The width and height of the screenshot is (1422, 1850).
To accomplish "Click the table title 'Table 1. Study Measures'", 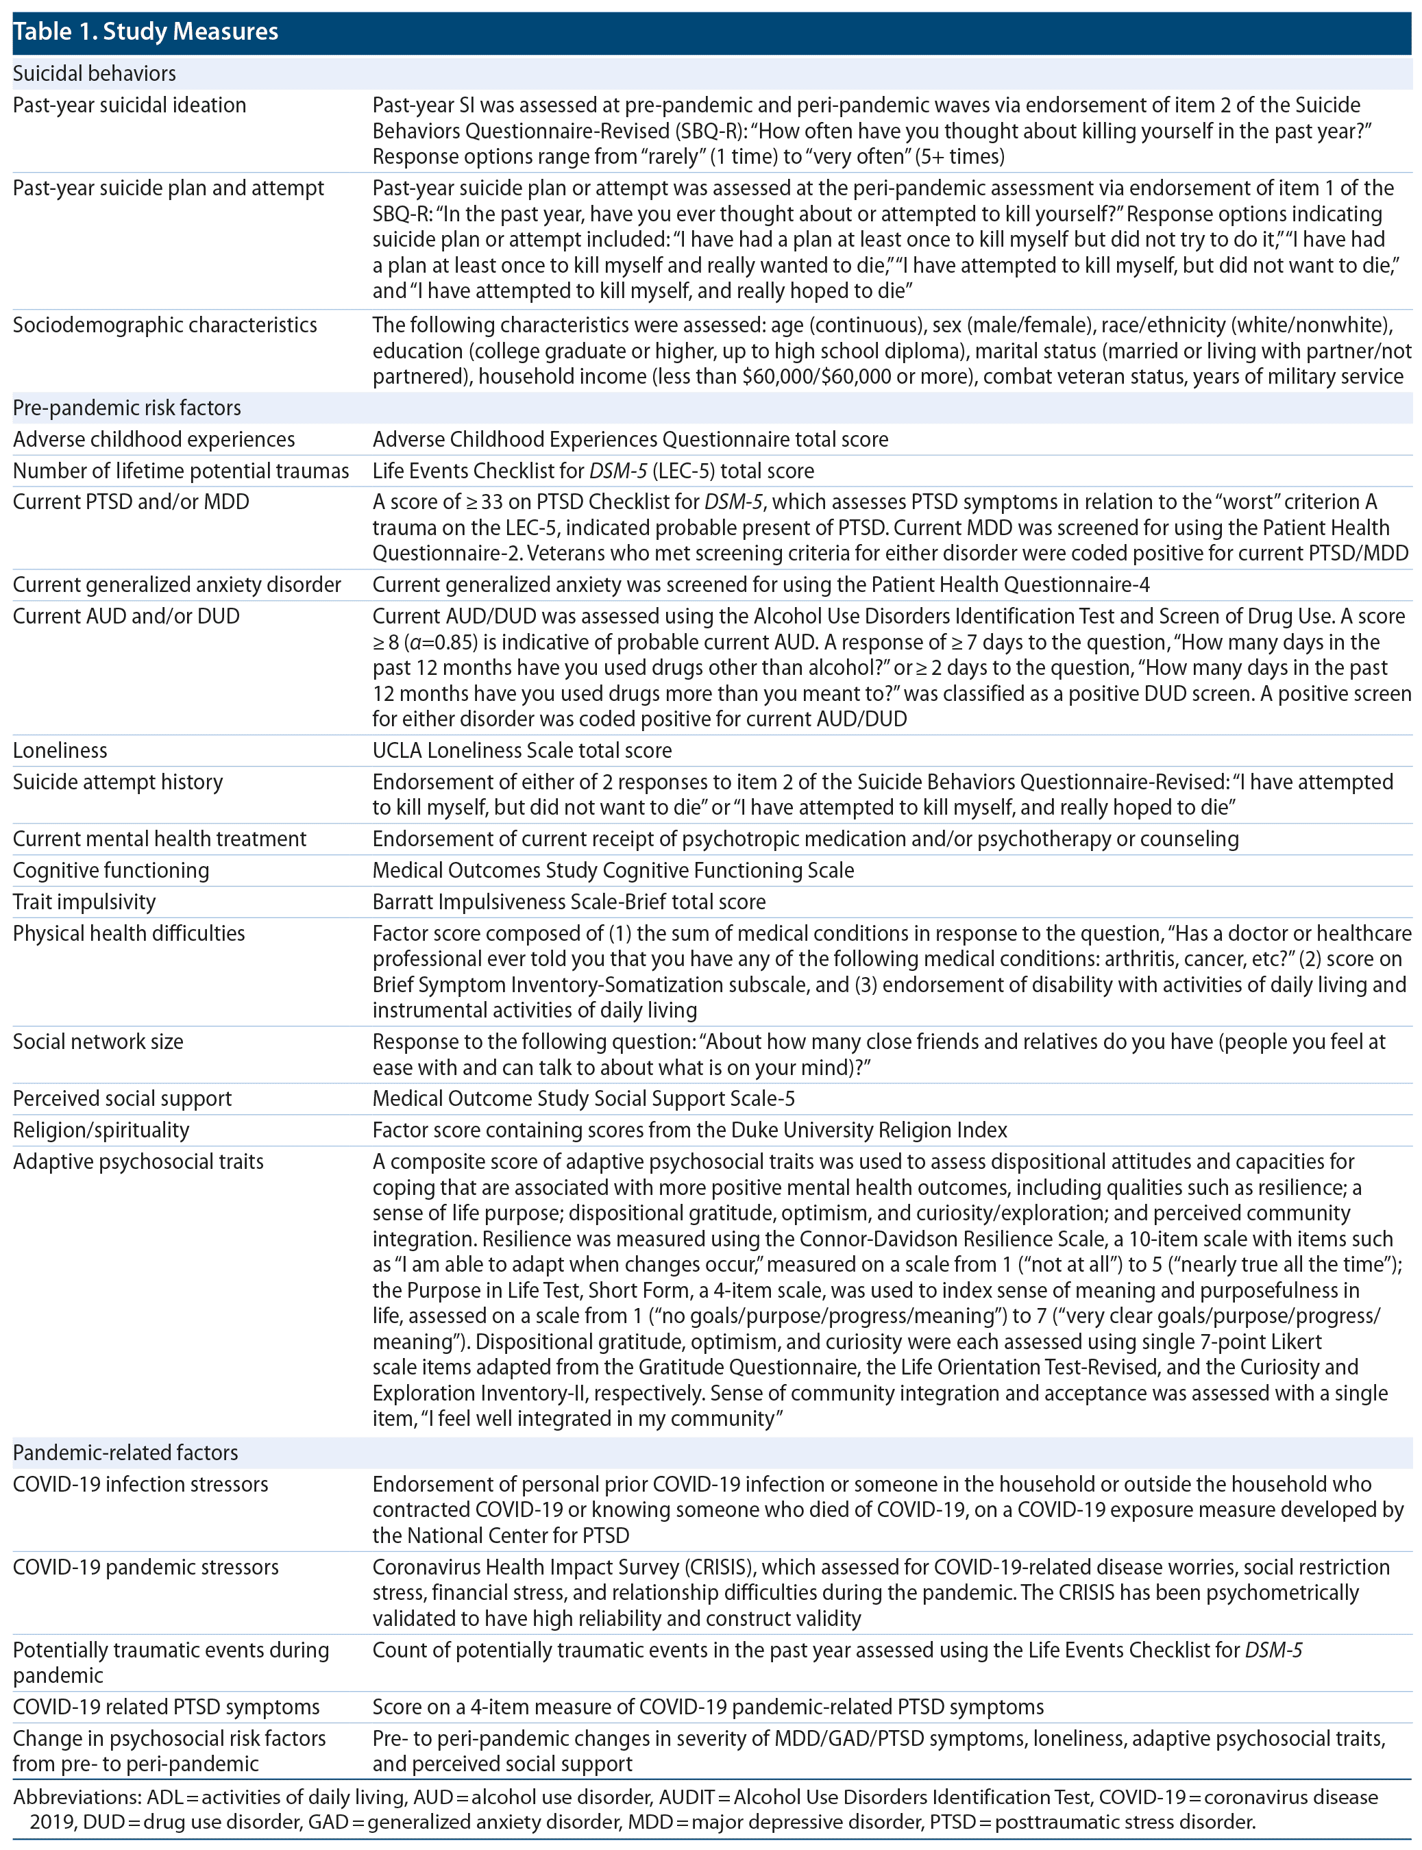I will coord(145,32).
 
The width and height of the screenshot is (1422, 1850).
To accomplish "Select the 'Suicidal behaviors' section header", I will coord(94,73).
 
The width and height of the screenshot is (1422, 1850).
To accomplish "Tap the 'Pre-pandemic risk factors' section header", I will coord(127,408).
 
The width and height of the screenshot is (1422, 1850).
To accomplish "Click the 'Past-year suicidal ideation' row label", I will coord(130,105).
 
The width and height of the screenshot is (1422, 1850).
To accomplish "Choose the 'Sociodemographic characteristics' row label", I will coord(165,325).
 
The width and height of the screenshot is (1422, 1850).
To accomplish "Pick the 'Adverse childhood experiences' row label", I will coord(154,439).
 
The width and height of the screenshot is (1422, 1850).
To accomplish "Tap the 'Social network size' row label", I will coord(98,1041).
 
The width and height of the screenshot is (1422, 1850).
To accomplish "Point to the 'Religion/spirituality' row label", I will coord(101,1130).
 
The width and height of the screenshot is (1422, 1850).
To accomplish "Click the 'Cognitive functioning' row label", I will coord(111,870).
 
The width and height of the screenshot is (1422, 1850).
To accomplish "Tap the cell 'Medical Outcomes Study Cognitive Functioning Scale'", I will coord(613,870).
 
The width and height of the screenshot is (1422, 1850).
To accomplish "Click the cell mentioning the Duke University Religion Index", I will coord(690,1130).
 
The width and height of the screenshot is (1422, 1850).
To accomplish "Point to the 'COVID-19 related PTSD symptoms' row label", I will coord(167,1707).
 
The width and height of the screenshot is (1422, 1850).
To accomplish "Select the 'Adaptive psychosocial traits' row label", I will coord(138,1161).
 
